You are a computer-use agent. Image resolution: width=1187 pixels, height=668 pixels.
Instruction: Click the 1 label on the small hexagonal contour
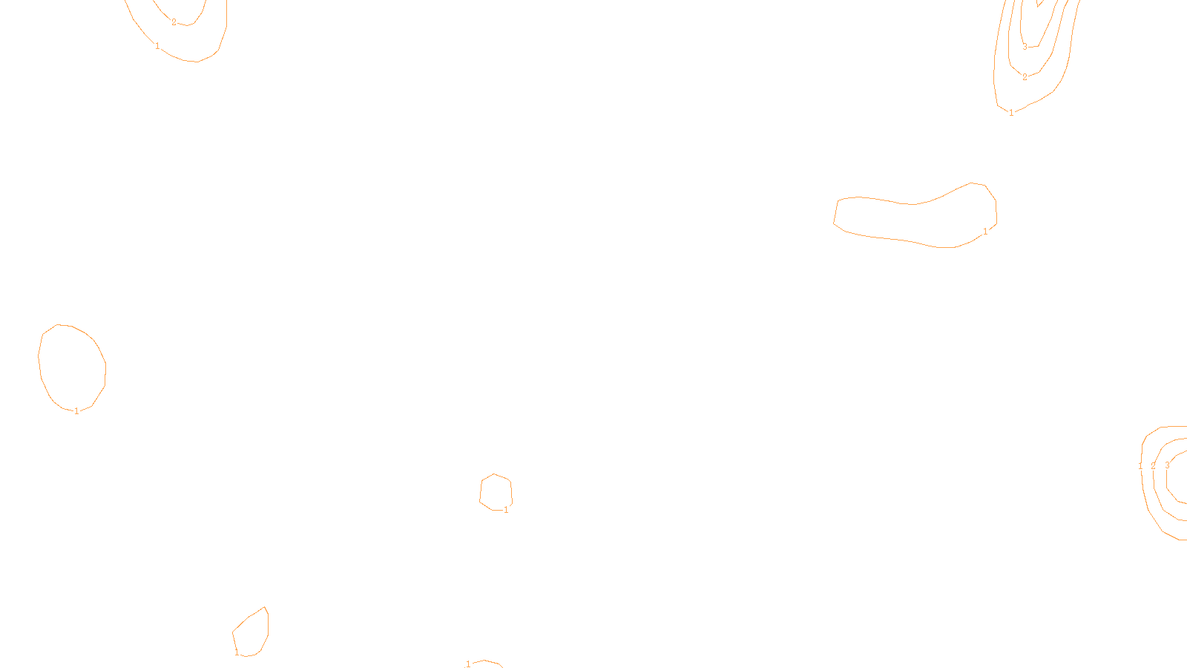click(x=506, y=510)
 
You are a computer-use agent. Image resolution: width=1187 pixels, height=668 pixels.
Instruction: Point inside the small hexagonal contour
click(x=496, y=491)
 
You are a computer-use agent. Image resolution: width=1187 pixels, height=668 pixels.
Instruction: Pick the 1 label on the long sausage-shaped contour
click(x=985, y=232)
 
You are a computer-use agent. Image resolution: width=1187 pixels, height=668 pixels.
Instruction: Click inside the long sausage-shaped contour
click(x=913, y=220)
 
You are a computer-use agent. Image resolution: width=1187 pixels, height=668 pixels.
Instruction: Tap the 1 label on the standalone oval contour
click(x=76, y=411)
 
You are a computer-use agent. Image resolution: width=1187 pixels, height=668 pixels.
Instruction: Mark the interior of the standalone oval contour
click(x=72, y=367)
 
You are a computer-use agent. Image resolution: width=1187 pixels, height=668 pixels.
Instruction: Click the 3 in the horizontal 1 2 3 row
click(x=1167, y=465)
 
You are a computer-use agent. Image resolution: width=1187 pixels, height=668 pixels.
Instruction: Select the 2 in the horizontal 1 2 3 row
click(x=1153, y=466)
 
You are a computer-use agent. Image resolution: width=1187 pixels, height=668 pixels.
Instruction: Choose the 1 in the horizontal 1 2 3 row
click(x=1140, y=466)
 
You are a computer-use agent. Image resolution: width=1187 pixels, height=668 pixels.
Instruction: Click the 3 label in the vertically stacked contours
click(x=1025, y=47)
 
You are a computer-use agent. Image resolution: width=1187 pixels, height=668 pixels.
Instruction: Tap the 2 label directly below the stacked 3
click(x=1025, y=77)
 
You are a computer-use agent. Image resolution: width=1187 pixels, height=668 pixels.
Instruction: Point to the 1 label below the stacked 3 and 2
click(x=1011, y=113)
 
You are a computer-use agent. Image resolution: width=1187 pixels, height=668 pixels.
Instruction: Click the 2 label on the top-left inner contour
click(x=174, y=22)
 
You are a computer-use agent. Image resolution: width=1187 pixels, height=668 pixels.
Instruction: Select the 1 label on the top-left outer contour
click(x=157, y=46)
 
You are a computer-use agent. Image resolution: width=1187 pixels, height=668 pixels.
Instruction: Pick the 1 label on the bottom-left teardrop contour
click(x=237, y=652)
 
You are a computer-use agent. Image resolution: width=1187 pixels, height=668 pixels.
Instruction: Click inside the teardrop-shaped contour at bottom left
click(x=252, y=633)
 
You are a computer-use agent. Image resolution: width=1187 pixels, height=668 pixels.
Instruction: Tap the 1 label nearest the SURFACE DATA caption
click(x=468, y=664)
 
